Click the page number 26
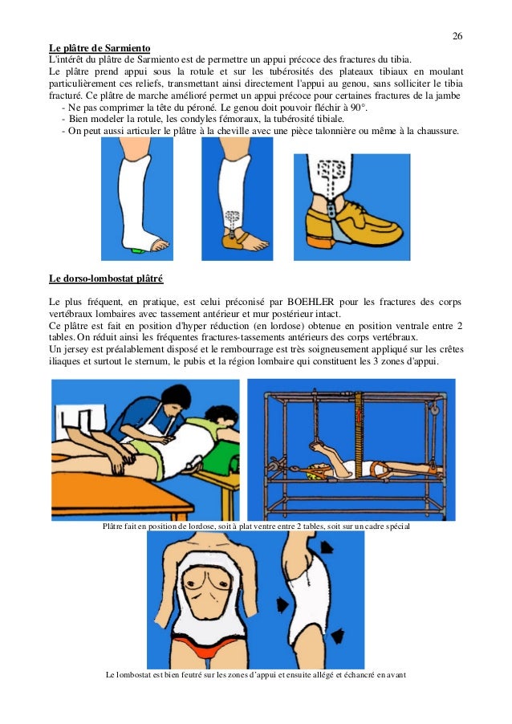[457, 36]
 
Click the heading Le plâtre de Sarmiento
[100, 48]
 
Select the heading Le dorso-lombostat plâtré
[106, 279]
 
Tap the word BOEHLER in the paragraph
[311, 302]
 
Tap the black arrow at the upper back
[327, 547]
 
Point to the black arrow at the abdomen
[282, 604]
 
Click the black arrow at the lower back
[338, 636]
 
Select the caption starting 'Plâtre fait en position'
[256, 526]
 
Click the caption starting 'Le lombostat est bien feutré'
[256, 674]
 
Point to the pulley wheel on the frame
[434, 409]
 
